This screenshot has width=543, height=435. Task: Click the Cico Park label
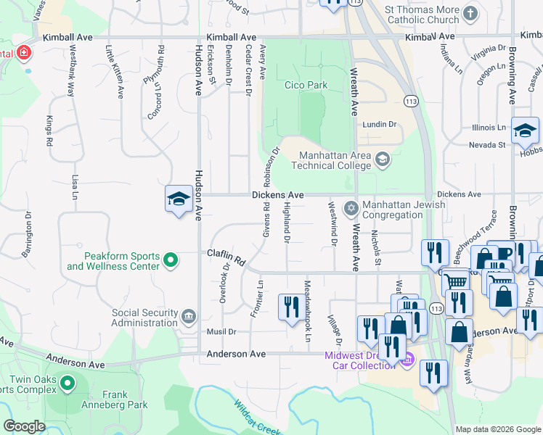point(306,86)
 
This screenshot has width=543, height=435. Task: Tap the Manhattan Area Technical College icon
point(383,158)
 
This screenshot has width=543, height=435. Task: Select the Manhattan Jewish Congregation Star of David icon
point(351,209)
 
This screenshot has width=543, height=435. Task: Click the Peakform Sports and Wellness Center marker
point(171,260)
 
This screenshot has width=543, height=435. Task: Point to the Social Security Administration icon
point(188,315)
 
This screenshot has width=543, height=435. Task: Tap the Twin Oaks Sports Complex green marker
point(68,382)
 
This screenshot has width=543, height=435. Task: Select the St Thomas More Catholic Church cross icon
point(470,13)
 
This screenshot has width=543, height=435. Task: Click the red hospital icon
point(23,53)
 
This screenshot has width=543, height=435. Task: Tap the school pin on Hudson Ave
point(178,199)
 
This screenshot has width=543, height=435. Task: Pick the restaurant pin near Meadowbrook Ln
point(289,305)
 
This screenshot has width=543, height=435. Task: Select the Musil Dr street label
point(222,331)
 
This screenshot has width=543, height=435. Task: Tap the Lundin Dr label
point(380,124)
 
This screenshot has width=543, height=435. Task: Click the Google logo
point(24,427)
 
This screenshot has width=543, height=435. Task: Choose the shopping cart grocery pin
point(456,281)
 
